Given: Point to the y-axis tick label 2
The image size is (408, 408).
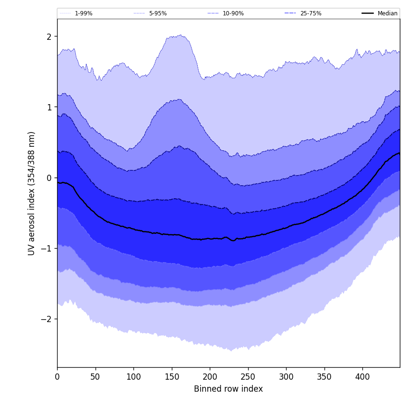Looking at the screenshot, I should point(49,36).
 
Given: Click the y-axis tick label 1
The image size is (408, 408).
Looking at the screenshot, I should point(49,107).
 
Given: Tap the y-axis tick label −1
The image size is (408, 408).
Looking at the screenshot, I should point(48,249).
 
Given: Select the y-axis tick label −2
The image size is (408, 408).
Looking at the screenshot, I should point(48,319).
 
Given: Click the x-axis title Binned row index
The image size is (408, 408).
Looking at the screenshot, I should point(228,389).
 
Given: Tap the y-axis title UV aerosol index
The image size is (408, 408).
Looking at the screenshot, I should point(32,193).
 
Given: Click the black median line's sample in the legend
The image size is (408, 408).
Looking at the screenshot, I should point(368,13).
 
